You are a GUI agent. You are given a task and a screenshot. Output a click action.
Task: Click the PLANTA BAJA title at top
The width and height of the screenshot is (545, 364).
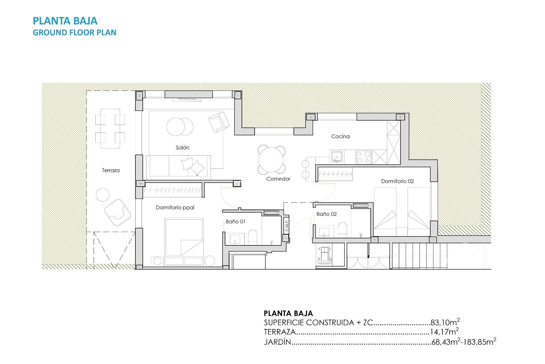(x=65, y=21)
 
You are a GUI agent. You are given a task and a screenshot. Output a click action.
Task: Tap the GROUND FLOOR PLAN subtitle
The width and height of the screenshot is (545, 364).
(x=74, y=33)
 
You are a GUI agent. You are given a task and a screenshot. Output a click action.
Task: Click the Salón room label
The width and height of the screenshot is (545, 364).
(x=182, y=148)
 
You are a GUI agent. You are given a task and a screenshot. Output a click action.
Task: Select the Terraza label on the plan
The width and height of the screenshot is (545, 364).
(x=111, y=170)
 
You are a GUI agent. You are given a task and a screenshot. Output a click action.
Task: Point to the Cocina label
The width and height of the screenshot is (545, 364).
(x=340, y=136)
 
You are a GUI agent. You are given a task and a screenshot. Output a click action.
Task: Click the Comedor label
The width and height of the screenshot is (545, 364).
(x=278, y=179)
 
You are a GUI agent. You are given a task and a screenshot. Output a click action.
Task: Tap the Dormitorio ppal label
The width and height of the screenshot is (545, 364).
(x=175, y=208)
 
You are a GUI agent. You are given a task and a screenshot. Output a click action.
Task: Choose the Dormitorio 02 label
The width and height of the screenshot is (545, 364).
(x=397, y=181)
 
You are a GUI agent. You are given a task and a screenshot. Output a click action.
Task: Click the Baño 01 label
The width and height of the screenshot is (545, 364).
(x=235, y=222)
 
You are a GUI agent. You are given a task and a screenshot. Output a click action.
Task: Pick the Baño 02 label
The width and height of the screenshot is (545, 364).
(x=326, y=214)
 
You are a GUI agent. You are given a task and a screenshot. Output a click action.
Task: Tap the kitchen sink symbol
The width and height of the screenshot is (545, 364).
(x=337, y=157)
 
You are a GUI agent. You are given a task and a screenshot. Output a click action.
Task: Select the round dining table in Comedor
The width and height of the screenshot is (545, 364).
(x=271, y=160)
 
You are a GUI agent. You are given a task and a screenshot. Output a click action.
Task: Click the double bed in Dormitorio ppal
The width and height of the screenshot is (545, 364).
(x=184, y=237)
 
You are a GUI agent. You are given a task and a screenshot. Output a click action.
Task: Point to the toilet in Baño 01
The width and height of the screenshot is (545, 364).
(x=252, y=237)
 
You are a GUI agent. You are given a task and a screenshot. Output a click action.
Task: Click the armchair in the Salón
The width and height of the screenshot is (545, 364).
(x=219, y=122)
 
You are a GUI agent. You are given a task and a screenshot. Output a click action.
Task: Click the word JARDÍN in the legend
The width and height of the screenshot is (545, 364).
(x=278, y=342)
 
